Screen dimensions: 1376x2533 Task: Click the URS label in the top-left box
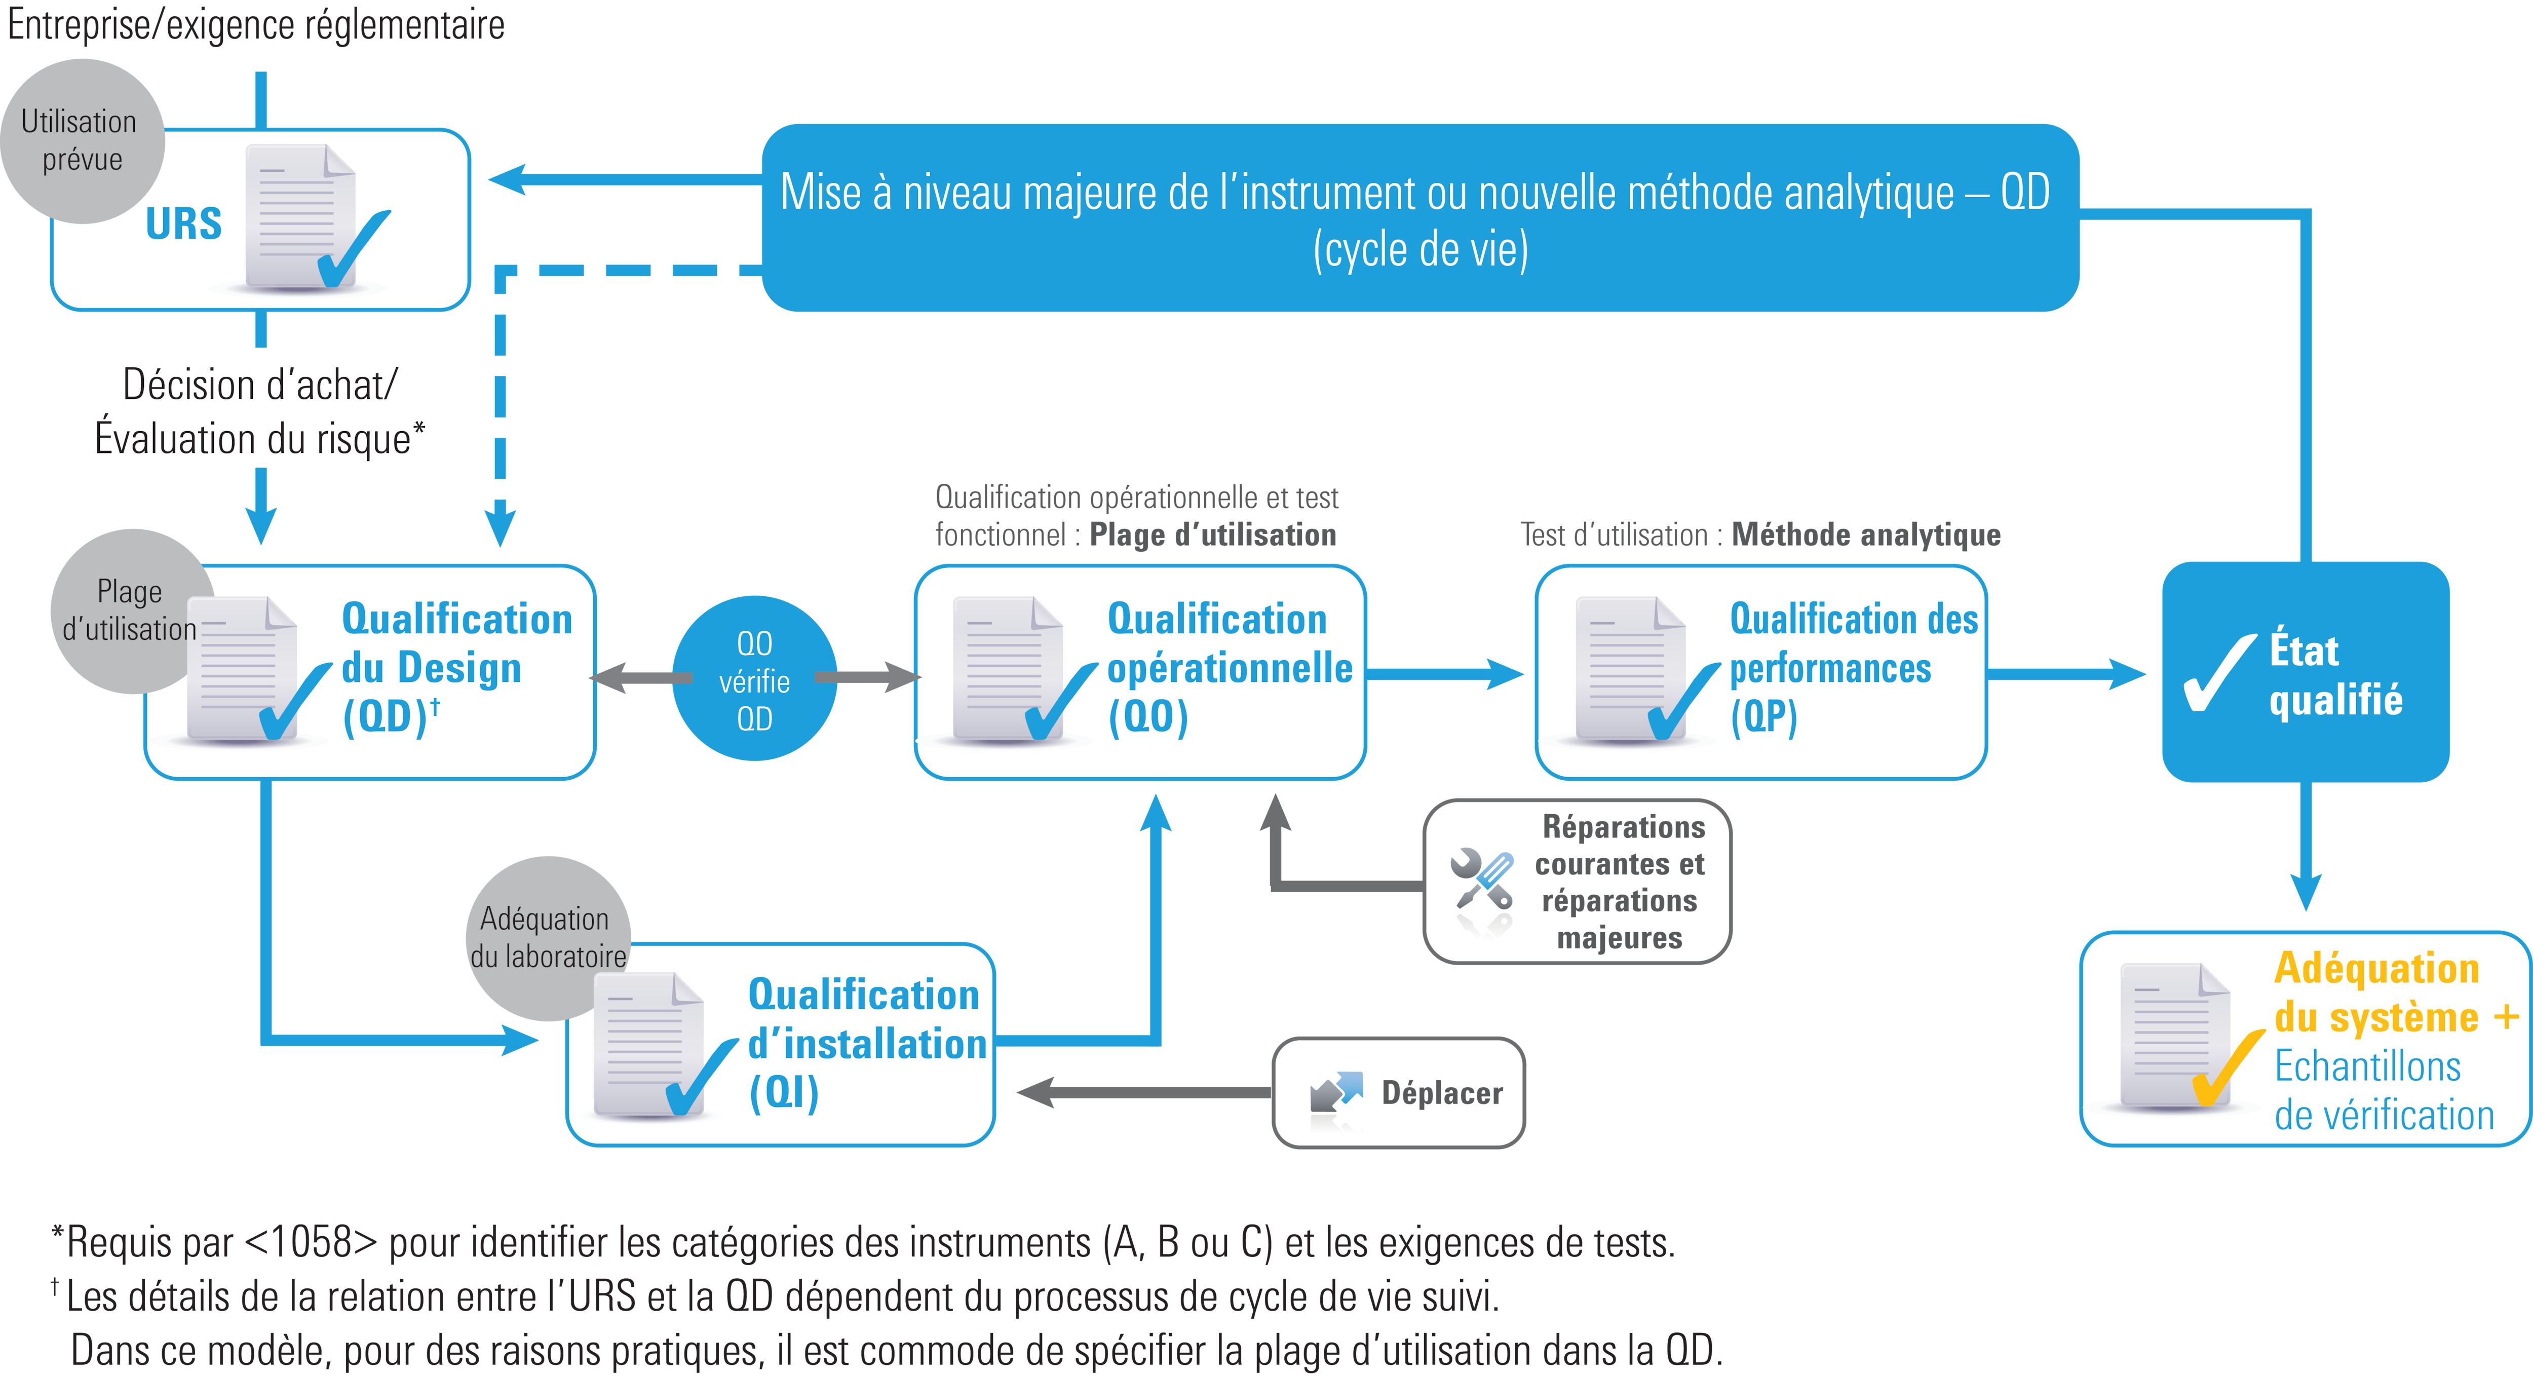click(184, 224)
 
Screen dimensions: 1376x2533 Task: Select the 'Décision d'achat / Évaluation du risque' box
click(260, 410)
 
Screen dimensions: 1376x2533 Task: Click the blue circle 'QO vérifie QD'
click(754, 679)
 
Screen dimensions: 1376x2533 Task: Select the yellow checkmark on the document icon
click(2224, 1070)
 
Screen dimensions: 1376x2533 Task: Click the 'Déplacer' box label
click(1441, 1093)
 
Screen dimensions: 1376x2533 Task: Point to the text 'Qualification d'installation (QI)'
click(865, 1044)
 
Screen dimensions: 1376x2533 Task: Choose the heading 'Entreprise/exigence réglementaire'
click(256, 25)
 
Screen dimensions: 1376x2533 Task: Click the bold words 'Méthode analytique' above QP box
click(1865, 535)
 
